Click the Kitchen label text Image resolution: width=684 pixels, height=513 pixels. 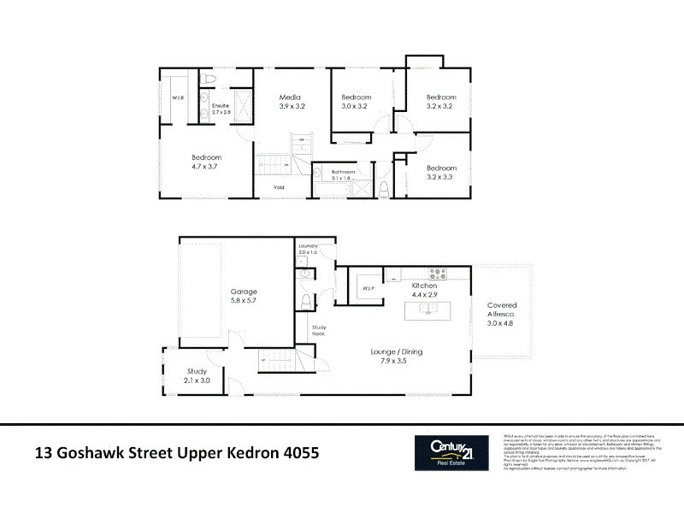(x=424, y=285)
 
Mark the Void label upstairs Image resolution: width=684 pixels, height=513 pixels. (x=279, y=187)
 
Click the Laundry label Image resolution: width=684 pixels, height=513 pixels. (x=308, y=246)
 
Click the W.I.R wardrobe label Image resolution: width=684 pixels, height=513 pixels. (x=179, y=98)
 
